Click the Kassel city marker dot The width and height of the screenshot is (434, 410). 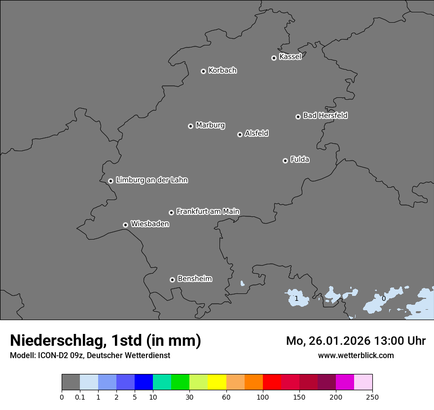click(x=274, y=58)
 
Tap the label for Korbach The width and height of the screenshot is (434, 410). click(x=222, y=71)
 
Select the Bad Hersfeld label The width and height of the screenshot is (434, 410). click(x=325, y=116)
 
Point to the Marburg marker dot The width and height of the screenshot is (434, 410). click(x=190, y=126)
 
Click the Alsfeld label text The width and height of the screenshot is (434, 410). click(x=256, y=133)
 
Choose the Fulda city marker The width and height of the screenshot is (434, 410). click(x=285, y=161)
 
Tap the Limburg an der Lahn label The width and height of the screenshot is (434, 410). click(x=151, y=180)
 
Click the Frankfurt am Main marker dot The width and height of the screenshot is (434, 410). click(x=171, y=212)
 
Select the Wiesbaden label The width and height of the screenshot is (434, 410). click(x=149, y=224)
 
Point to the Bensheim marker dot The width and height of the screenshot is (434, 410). click(x=172, y=280)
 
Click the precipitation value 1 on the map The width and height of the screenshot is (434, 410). click(x=296, y=298)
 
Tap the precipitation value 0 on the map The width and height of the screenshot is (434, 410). click(x=384, y=298)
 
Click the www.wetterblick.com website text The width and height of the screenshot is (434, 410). click(x=356, y=355)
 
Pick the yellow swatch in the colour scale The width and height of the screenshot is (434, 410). click(x=217, y=382)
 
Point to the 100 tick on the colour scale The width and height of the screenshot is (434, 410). click(x=263, y=397)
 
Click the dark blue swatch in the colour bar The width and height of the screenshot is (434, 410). click(x=144, y=382)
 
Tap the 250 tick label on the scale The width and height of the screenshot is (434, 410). click(x=372, y=397)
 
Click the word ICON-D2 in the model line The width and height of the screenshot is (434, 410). click(x=52, y=355)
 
